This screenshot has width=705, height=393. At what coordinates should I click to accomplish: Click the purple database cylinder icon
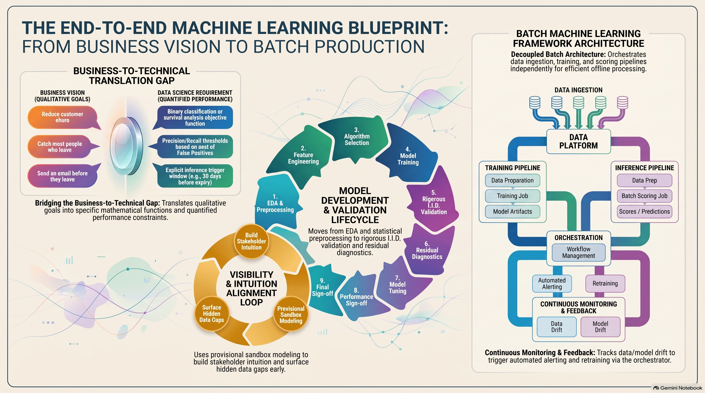coord(622,103)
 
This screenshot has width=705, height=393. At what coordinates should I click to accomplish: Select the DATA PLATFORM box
coord(578,141)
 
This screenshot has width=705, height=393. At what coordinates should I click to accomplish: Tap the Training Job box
coord(513,196)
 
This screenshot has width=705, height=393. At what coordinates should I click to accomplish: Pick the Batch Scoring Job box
coord(645,196)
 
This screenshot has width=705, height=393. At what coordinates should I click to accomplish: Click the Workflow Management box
coord(578,252)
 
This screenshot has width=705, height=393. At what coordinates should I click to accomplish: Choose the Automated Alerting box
coord(552,283)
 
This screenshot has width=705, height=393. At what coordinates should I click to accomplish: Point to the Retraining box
coord(605,283)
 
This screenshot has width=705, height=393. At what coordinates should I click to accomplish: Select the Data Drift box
coord(557,326)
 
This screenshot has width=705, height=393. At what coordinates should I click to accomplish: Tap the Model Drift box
coord(600,326)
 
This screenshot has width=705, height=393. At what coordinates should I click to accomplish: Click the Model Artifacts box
coord(513,212)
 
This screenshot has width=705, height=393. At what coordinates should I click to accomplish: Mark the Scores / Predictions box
coord(645,212)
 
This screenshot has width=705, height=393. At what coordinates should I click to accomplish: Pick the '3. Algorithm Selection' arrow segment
coord(354,138)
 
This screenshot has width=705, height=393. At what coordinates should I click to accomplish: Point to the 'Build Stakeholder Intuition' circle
coord(251,241)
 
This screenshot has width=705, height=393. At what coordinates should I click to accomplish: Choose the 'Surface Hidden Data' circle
coord(212,313)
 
